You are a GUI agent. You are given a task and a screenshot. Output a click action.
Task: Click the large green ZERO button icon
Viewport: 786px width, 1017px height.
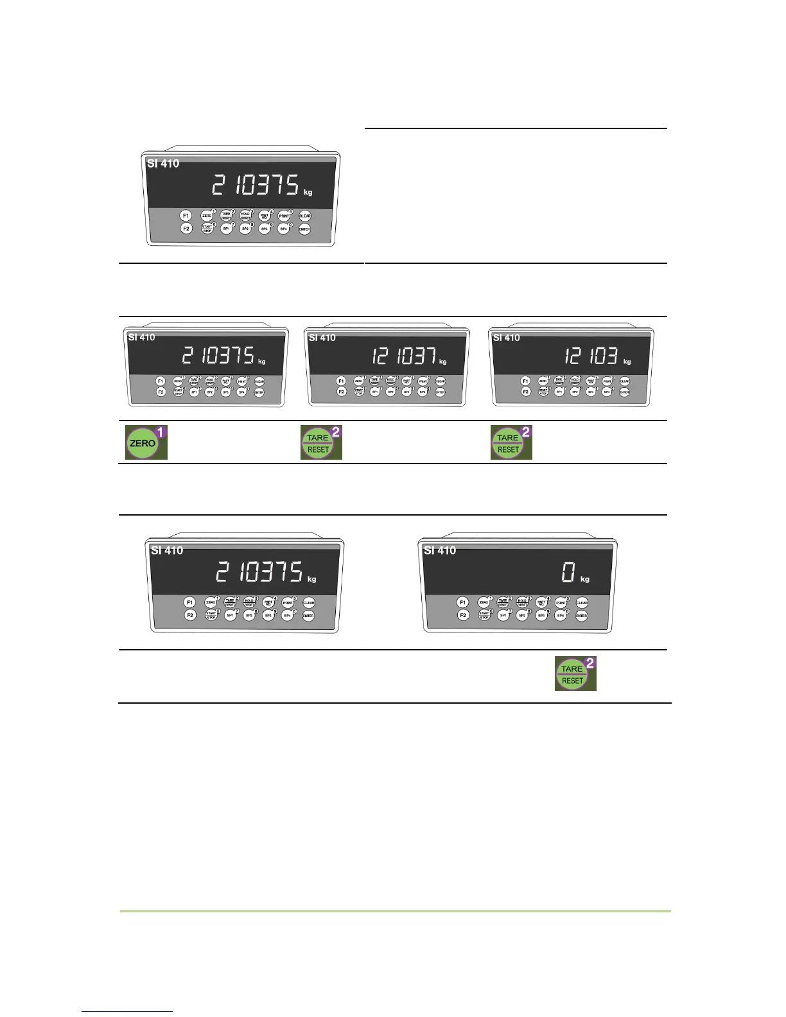pyautogui.click(x=143, y=443)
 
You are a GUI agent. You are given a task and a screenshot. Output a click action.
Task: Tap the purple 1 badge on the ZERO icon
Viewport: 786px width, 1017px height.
pyautogui.click(x=162, y=432)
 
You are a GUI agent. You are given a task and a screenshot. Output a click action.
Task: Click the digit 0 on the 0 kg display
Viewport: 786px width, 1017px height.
pyautogui.click(x=568, y=571)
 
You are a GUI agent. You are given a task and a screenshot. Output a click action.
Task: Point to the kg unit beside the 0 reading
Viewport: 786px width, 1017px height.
pyautogui.click(x=585, y=579)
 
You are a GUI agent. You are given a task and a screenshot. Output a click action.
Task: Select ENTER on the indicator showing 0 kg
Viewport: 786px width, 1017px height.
pyautogui.click(x=581, y=616)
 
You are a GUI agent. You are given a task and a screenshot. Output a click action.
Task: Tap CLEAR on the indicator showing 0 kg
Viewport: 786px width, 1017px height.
pyautogui.click(x=582, y=603)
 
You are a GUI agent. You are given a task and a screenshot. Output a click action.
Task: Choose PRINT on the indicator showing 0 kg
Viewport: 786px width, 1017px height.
pyautogui.click(x=561, y=603)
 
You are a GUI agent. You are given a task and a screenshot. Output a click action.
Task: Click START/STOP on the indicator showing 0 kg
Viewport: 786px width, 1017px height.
pyautogui.click(x=484, y=615)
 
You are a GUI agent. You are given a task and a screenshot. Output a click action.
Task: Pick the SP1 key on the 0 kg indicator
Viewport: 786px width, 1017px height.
pyautogui.click(x=503, y=615)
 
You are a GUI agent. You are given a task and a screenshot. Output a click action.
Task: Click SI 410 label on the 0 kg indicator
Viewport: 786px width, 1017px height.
pyautogui.click(x=440, y=550)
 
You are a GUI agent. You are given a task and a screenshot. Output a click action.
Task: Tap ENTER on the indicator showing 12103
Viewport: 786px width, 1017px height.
pyautogui.click(x=624, y=392)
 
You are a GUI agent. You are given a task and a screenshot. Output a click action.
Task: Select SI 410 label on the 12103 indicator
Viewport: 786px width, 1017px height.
pyautogui.click(x=506, y=338)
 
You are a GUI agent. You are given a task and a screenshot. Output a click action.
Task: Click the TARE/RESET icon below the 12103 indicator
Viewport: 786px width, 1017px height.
pyautogui.click(x=508, y=443)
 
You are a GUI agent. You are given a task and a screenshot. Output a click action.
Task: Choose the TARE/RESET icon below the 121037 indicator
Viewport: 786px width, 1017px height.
pyautogui.click(x=318, y=443)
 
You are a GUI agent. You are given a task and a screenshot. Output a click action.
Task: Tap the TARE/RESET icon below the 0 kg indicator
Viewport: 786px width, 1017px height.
pyautogui.click(x=572, y=674)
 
